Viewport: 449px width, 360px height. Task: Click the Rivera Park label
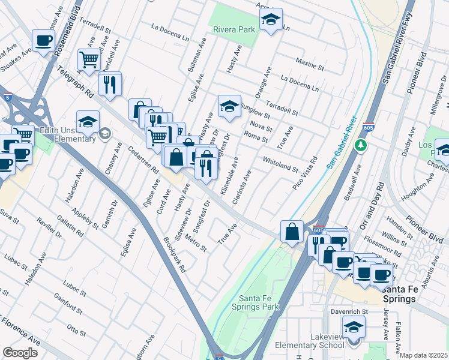(232, 29)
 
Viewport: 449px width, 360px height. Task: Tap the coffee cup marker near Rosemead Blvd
(43, 41)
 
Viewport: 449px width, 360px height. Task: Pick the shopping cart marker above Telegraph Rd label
(89, 60)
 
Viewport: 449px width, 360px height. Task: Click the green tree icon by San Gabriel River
(360, 145)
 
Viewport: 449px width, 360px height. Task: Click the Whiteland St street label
(280, 163)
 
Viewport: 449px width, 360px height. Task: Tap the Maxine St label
(310, 64)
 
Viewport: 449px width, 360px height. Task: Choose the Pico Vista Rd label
(306, 172)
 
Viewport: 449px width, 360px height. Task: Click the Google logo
(20, 353)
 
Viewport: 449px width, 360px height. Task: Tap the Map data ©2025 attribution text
(423, 355)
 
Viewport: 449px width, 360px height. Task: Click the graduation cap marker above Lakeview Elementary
(354, 326)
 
